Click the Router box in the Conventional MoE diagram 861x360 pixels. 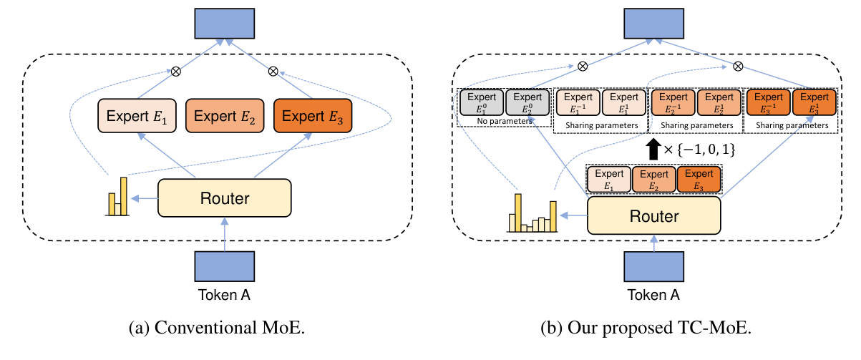pyautogui.click(x=224, y=198)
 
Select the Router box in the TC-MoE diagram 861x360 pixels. pyautogui.click(x=654, y=214)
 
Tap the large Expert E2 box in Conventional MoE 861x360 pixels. pyautogui.click(x=224, y=116)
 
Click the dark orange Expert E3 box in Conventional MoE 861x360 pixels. pyautogui.click(x=312, y=116)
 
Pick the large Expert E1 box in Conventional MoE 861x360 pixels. pyautogui.click(x=137, y=116)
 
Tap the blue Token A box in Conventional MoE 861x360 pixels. pyautogui.click(x=224, y=267)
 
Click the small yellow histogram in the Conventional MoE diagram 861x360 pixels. pyautogui.click(x=117, y=196)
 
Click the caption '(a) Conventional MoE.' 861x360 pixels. pyautogui.click(x=224, y=331)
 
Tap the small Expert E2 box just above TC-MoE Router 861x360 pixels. pyautogui.click(x=654, y=179)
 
